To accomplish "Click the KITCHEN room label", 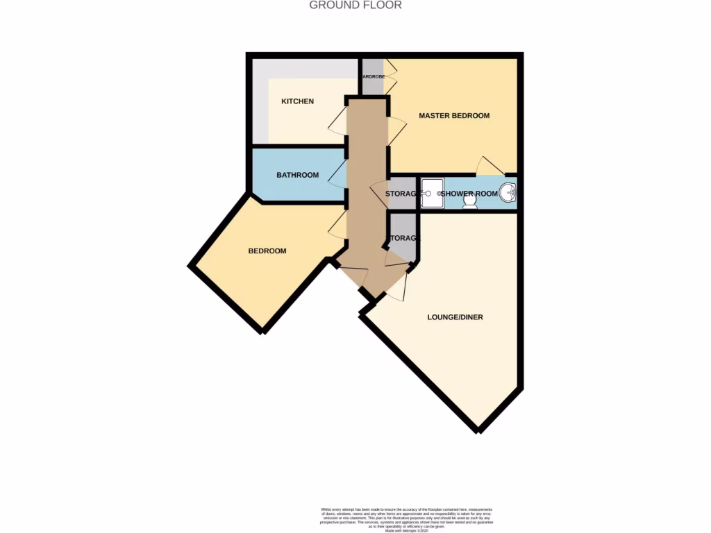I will (x=297, y=101).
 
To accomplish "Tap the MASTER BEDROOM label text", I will (x=454, y=115).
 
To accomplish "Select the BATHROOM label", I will (x=297, y=175).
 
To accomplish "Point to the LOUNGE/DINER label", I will (x=455, y=317).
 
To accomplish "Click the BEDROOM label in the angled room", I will (x=267, y=251).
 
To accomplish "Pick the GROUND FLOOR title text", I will (x=355, y=6).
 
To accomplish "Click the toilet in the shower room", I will (x=470, y=200).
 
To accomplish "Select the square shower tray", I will (x=433, y=193).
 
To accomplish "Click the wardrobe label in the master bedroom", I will (x=371, y=76).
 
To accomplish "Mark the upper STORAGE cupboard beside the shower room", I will (x=401, y=194).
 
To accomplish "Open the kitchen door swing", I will (x=337, y=122).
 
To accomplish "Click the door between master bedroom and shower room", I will (x=490, y=167).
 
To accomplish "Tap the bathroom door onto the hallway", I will (x=338, y=175).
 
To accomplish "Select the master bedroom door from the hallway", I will (x=396, y=130).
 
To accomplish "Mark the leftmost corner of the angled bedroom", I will (x=190, y=265).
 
